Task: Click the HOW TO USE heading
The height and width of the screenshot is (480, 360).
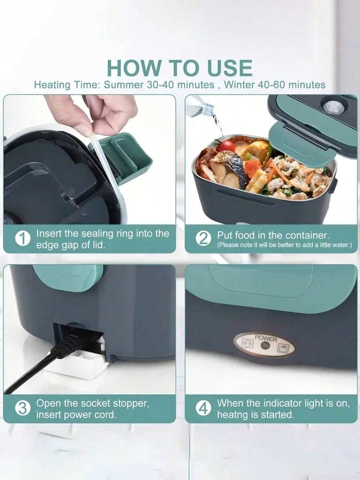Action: pyautogui.click(x=180, y=68)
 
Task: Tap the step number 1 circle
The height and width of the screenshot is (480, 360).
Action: pyautogui.click(x=23, y=239)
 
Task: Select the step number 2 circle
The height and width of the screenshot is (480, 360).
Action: pyautogui.click(x=203, y=239)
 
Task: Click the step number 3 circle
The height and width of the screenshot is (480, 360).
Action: pyautogui.click(x=23, y=409)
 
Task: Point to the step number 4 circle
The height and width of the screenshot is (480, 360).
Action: pyautogui.click(x=203, y=409)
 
